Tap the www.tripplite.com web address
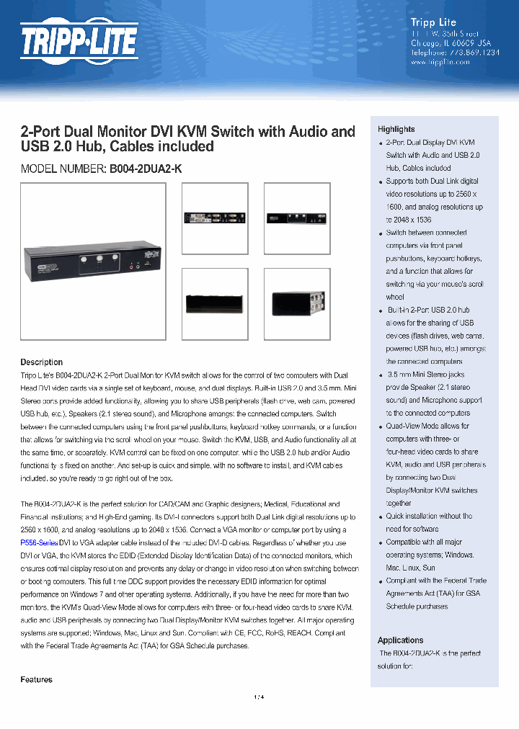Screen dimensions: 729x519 [x=440, y=63]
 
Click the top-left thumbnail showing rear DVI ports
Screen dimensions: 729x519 [x=214, y=218]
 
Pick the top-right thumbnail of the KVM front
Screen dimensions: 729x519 [x=297, y=218]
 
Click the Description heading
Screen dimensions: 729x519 [x=41, y=362]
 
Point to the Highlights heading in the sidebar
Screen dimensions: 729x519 [x=396, y=129]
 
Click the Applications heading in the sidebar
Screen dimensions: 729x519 [x=401, y=640]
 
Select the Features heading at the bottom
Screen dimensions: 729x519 [x=36, y=679]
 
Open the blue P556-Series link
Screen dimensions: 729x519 [x=39, y=542]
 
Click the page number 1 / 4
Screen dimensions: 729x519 [x=259, y=697]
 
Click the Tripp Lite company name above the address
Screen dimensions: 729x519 [x=432, y=22]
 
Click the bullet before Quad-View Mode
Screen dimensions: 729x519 [x=381, y=427]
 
